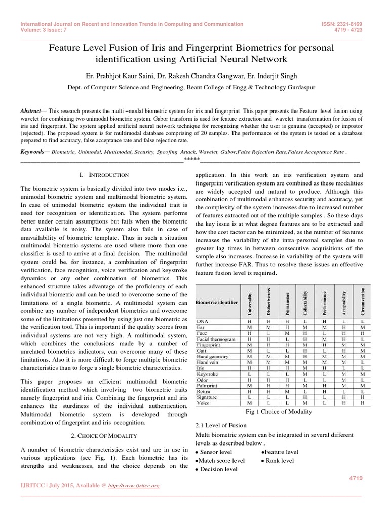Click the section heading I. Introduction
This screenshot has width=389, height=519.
(x=101, y=175)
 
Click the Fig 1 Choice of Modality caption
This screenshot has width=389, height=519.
(x=279, y=412)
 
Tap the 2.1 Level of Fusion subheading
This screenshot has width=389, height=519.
(x=218, y=425)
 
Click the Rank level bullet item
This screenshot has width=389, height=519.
(x=277, y=460)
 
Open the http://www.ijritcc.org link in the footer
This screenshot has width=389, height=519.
(x=134, y=486)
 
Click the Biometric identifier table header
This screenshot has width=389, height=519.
(x=217, y=302)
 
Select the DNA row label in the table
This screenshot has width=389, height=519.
(x=202, y=322)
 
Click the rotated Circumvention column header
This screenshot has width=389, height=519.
(x=362, y=302)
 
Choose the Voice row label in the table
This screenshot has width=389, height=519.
(x=204, y=403)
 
